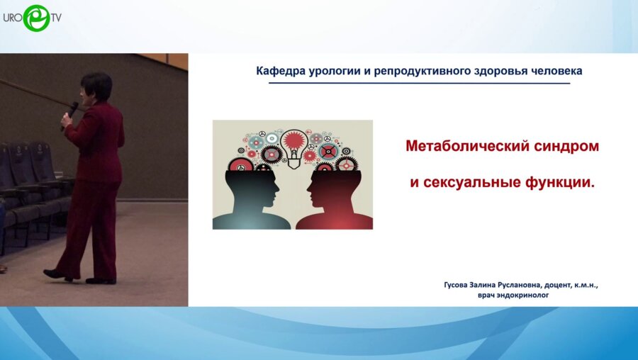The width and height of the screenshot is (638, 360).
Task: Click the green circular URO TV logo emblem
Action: point(37,18)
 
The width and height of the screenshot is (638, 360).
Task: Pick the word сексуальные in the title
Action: point(472,183)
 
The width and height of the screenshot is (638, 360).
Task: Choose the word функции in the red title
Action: point(557,183)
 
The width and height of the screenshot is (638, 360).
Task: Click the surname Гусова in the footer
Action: point(456,285)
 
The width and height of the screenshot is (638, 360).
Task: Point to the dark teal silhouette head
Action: point(251,199)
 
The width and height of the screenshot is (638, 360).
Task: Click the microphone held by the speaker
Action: point(70,113)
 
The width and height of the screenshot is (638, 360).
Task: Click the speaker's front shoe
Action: point(57,275)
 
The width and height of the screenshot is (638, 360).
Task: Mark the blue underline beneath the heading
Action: point(419,83)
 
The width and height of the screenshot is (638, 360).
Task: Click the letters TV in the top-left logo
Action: point(56,17)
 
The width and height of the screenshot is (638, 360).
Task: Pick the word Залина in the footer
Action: point(482,285)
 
